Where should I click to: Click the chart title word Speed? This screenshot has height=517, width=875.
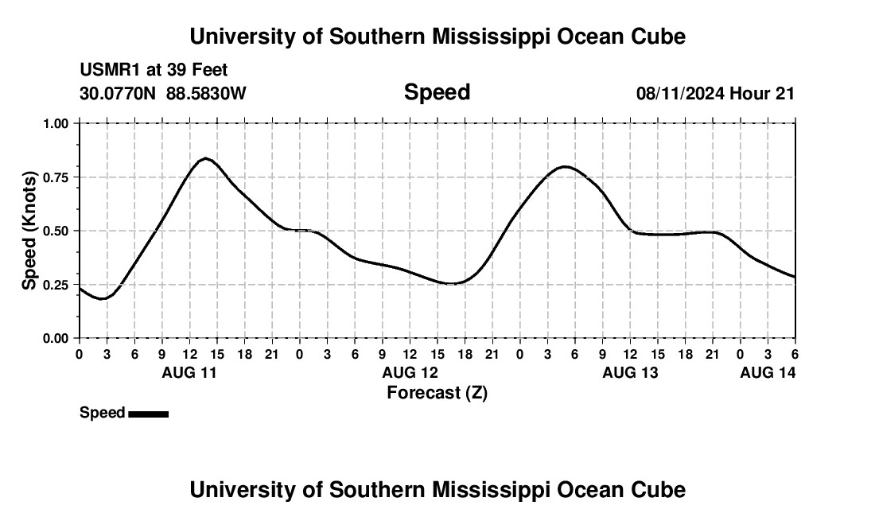tap(437, 92)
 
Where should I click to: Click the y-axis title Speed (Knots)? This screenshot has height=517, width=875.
tap(29, 231)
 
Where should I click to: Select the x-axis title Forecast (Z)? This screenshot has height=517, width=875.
tap(437, 392)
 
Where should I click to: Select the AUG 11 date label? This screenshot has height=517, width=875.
tap(189, 372)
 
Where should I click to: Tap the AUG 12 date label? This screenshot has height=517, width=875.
tap(410, 372)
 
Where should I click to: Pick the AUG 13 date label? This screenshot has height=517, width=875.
tap(630, 372)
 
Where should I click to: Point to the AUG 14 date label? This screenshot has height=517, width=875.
tap(768, 372)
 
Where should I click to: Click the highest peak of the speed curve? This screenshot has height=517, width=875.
tap(205, 158)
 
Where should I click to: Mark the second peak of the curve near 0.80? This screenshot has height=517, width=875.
tap(565, 166)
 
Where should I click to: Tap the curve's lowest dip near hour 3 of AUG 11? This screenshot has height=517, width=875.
tap(102, 299)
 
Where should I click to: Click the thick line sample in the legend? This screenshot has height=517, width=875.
tap(148, 414)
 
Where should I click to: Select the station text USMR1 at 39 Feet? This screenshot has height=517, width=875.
tap(154, 71)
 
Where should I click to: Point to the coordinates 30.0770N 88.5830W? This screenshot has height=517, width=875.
tap(163, 93)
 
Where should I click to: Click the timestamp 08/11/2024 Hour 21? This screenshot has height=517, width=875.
tap(715, 93)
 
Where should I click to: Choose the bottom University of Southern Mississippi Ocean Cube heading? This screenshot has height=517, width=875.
tap(437, 490)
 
